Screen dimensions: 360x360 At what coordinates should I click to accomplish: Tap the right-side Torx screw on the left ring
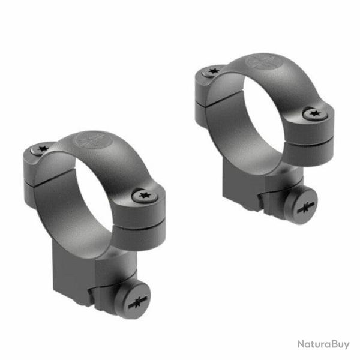click(x=144, y=195)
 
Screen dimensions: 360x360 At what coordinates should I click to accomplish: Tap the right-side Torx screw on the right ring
click(x=312, y=113)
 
